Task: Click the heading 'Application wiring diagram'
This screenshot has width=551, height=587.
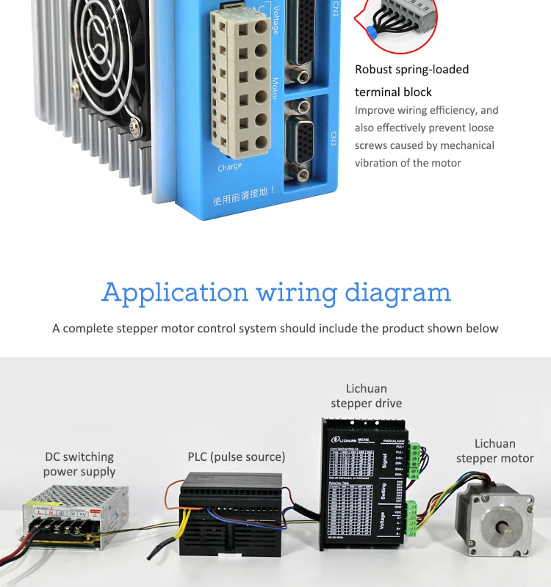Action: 275,292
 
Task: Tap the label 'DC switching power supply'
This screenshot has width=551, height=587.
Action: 79,464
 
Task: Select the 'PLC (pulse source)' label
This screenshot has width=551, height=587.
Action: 236,456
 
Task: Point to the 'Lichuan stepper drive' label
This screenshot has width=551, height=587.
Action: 366,395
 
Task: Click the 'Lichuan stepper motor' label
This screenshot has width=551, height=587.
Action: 494,451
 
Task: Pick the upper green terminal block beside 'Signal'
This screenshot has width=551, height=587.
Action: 416,459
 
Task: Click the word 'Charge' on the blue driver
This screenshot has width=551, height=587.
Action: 230,167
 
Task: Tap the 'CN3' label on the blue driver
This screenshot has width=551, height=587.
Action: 333,139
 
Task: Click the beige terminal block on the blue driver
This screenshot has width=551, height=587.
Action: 239,84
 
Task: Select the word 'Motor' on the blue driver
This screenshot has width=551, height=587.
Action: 275,92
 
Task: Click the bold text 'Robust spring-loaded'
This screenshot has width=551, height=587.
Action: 411,70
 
